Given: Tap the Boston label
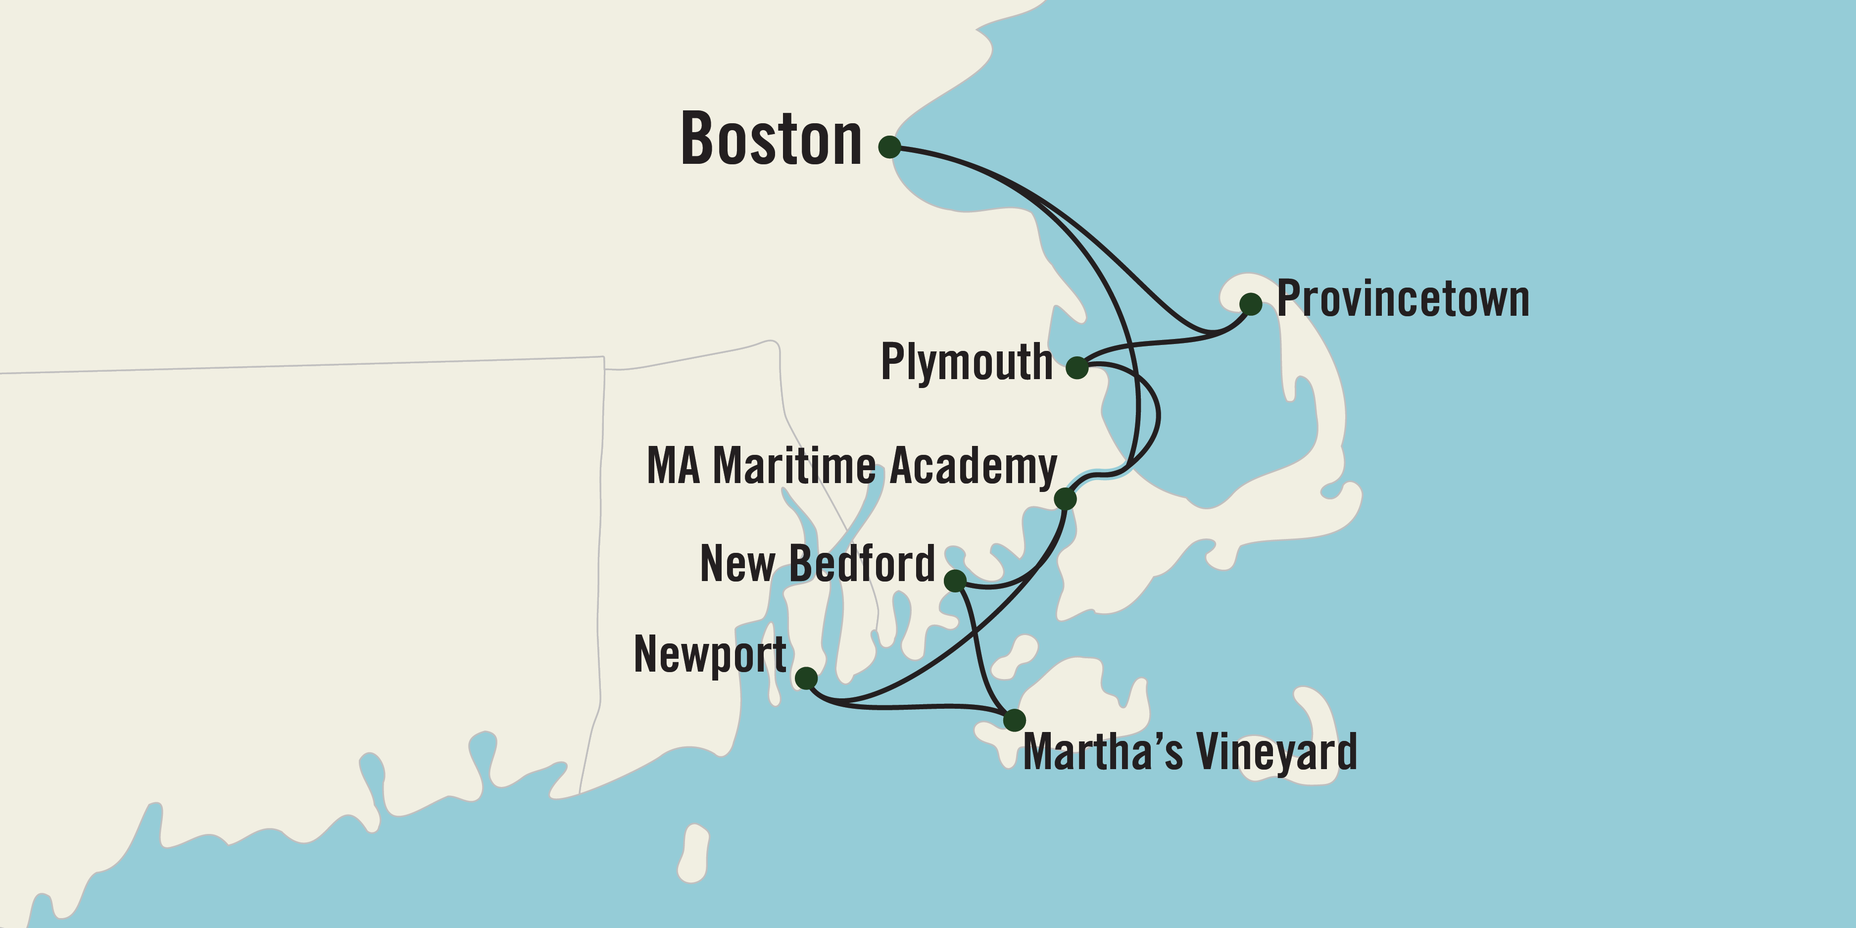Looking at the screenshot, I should click(x=771, y=140).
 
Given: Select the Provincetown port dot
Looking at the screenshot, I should click(x=1251, y=304).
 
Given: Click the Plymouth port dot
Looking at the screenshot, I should click(x=1076, y=367).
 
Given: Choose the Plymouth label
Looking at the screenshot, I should click(x=966, y=362).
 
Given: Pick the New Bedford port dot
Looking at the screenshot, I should click(x=955, y=580).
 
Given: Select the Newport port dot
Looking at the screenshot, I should click(x=806, y=678).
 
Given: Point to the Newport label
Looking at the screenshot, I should click(x=710, y=655).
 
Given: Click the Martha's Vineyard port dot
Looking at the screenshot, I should click(x=1014, y=719).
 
